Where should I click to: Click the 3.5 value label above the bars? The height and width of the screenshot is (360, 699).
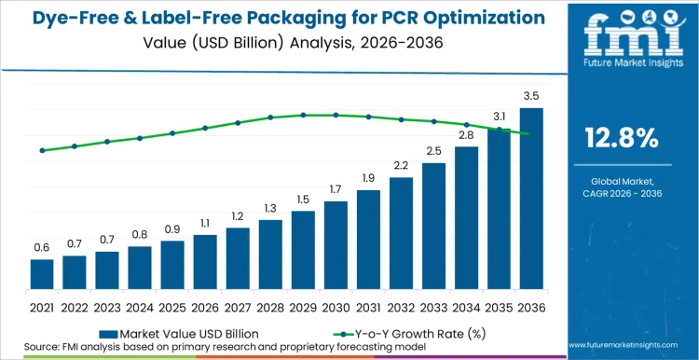tap(531, 96)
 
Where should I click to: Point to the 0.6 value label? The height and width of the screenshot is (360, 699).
tap(42, 247)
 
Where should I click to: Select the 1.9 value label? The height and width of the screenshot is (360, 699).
tap(368, 178)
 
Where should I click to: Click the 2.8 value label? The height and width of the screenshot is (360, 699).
tap(466, 135)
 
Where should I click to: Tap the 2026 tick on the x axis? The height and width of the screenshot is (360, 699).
tap(205, 306)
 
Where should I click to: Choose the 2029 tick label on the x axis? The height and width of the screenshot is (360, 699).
tap(303, 306)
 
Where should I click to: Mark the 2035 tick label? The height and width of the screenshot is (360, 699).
tap(499, 306)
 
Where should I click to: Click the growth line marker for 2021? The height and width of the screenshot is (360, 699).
tap(42, 150)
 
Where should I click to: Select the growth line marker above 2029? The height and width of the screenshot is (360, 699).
tap(303, 115)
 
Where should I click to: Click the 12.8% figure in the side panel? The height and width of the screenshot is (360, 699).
tap(622, 139)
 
